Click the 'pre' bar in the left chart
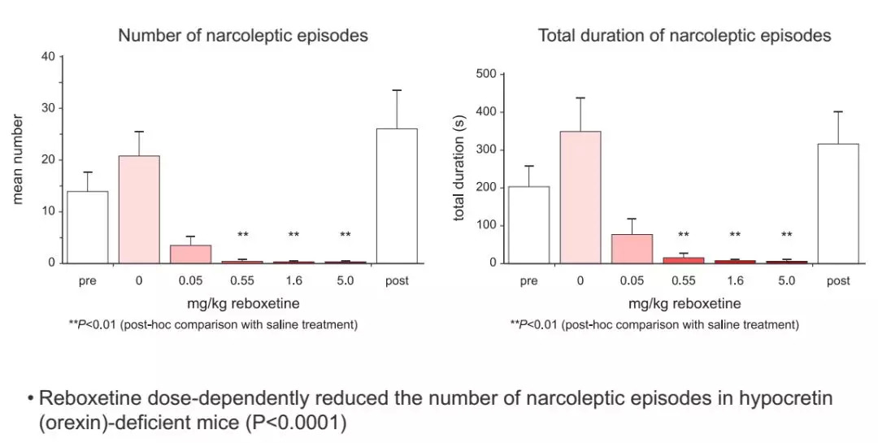(x=88, y=227)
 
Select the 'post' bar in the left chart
(x=398, y=195)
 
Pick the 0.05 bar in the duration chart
(x=632, y=248)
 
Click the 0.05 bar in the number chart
(x=191, y=254)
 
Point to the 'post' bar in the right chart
(x=838, y=203)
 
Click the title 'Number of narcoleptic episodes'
(x=243, y=36)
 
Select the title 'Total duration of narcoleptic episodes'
(x=685, y=36)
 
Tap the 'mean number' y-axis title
(x=18, y=159)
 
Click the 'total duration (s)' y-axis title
(x=459, y=168)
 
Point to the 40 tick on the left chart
(x=48, y=57)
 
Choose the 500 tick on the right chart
(x=486, y=74)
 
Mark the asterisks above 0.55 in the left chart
(x=242, y=236)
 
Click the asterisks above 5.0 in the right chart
(x=787, y=236)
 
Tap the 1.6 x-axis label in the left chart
(x=293, y=281)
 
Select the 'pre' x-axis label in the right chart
(x=528, y=281)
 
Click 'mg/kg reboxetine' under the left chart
(x=242, y=304)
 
